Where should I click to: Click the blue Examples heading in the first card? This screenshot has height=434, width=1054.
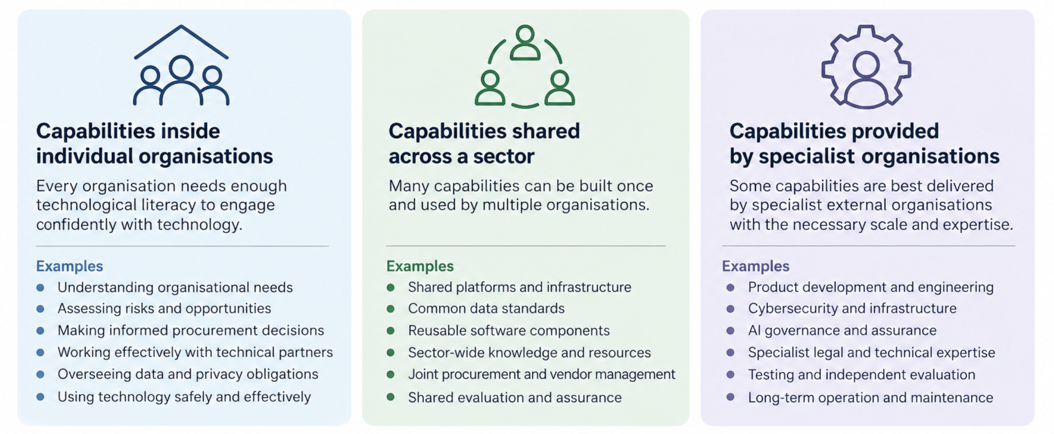69,266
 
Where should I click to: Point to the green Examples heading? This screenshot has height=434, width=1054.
420,266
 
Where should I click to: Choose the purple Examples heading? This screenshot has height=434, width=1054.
755,266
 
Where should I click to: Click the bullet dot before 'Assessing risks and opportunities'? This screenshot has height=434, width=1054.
41,309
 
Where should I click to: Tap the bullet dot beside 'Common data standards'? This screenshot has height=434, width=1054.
391,309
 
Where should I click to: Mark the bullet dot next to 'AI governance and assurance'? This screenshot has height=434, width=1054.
730,331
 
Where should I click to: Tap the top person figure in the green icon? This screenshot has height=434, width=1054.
525,43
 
